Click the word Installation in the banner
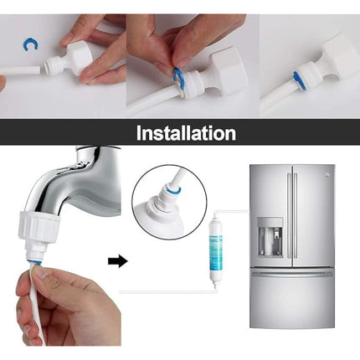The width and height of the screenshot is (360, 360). tap(186, 133)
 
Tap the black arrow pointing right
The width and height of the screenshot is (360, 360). tap(117, 261)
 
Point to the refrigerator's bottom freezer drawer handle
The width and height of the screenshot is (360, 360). tap(292, 274)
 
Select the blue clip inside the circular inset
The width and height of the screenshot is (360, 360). tap(173, 191)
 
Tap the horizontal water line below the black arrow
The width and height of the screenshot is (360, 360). tap(167, 292)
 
